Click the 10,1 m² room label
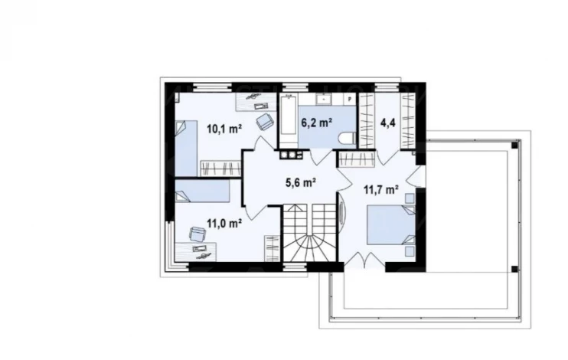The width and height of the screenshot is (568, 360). pyautogui.click(x=224, y=129)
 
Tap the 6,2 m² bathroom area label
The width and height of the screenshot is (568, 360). pyautogui.click(x=317, y=123)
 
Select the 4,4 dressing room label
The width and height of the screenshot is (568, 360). pyautogui.click(x=387, y=123)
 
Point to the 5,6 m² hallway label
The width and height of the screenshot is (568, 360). pyautogui.click(x=302, y=183)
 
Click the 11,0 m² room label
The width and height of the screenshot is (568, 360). pyautogui.click(x=224, y=223)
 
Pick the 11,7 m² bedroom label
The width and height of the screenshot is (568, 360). pyautogui.click(x=381, y=189)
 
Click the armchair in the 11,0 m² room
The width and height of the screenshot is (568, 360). pyautogui.click(x=197, y=234)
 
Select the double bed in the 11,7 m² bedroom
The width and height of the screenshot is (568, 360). pyautogui.click(x=391, y=225)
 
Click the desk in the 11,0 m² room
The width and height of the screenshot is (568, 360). pyautogui.click(x=196, y=252)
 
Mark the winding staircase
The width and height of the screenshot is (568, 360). pyautogui.click(x=309, y=233)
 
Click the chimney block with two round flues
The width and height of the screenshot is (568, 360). pyautogui.click(x=291, y=155)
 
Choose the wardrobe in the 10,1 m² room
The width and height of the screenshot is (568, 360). pyautogui.click(x=220, y=169)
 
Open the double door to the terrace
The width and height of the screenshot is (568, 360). pyautogui.click(x=364, y=260)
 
